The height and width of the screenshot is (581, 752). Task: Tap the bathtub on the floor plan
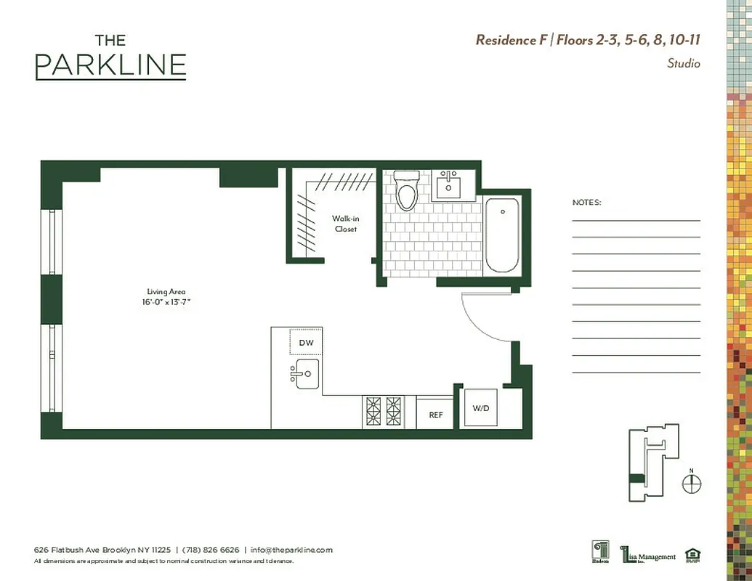coord(501,235)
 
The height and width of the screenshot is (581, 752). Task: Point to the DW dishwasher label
coord(306,343)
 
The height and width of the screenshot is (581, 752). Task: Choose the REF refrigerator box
coord(435,415)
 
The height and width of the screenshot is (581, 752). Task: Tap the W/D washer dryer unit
coord(481,409)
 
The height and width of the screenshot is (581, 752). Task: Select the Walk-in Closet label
coord(344,224)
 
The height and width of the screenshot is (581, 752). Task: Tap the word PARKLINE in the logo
coord(110,66)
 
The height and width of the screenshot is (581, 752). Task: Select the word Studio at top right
coord(683,64)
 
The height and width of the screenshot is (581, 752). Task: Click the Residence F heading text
coord(511,40)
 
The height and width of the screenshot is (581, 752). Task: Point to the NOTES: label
coord(586,203)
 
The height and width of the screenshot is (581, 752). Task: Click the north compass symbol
coord(692,484)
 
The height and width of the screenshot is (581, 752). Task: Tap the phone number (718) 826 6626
coord(211,550)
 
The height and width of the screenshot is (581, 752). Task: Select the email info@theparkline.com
coord(291,550)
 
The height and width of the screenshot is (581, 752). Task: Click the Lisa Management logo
coord(647,555)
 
